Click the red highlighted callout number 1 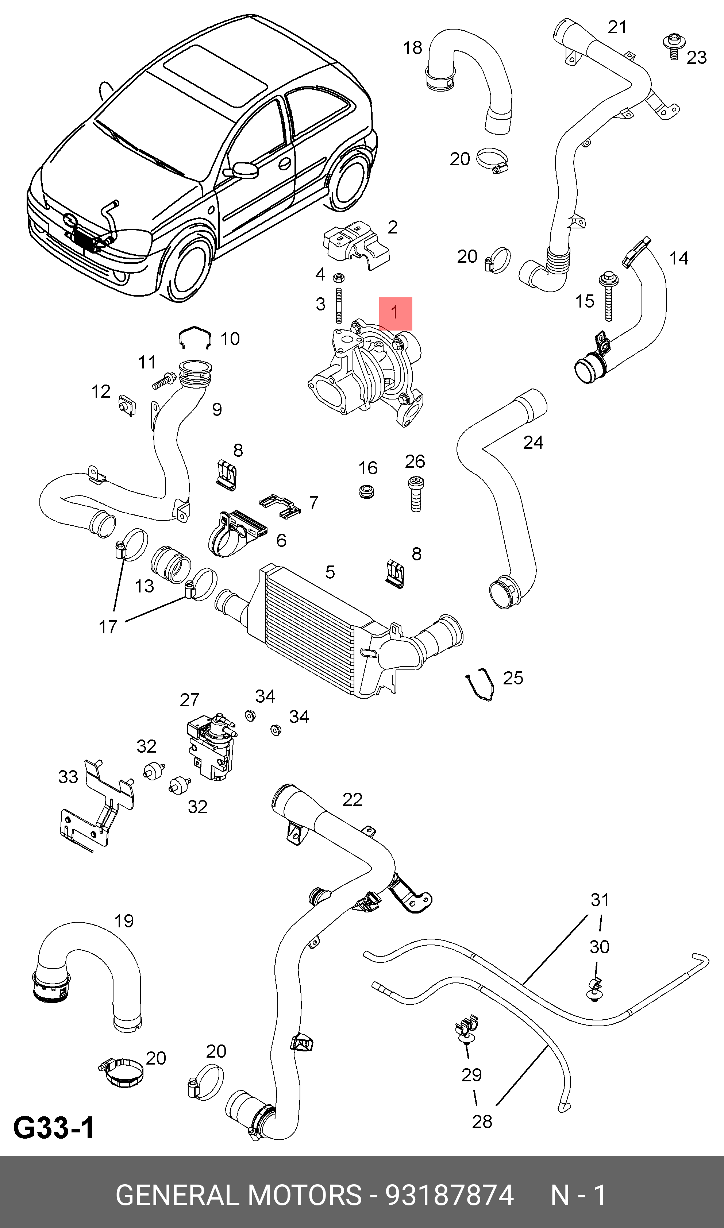tap(395, 313)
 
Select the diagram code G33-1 tap(54, 1128)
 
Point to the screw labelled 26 tap(416, 494)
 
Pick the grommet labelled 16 tap(366, 491)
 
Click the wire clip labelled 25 tap(479, 684)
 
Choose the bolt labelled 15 tap(608, 296)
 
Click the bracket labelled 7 tap(280, 505)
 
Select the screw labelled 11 tap(164, 381)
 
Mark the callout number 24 tap(533, 442)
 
